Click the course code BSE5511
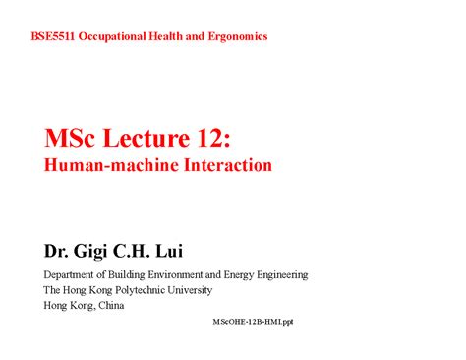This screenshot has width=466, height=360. (x=52, y=36)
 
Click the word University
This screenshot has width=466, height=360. (x=221, y=290)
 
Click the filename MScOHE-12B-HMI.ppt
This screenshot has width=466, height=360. (x=253, y=322)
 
